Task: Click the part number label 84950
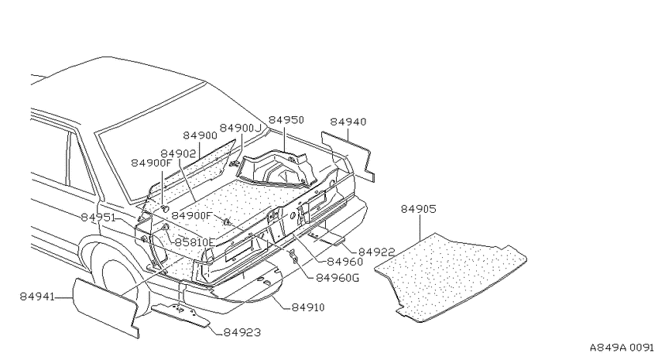286,120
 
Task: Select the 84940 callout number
348,122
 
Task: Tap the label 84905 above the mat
418,209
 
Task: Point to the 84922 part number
377,252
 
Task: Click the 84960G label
338,278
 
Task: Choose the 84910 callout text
308,307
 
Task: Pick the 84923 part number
242,333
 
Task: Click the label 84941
37,297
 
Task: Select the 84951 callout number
98,218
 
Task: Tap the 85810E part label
195,242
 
